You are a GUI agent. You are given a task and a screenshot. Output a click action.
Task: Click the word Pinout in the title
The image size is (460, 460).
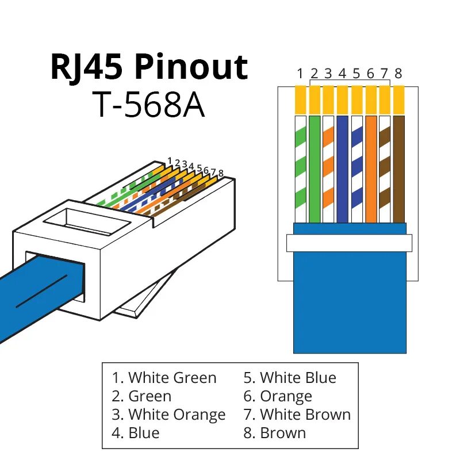point(191,67)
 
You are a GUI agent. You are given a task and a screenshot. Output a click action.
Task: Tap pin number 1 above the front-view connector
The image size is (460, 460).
point(300,74)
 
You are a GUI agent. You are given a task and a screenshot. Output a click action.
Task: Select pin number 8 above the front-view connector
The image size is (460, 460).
point(398,74)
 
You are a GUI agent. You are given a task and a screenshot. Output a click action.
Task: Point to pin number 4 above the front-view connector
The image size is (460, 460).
point(342,74)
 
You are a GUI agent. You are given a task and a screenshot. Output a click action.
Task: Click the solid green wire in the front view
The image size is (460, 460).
point(314,169)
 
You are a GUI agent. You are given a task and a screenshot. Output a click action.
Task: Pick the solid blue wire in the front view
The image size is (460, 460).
point(342,169)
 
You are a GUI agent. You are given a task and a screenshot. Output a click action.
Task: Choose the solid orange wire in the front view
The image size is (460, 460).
point(370,169)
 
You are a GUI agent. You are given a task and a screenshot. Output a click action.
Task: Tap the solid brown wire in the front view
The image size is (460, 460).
point(398,169)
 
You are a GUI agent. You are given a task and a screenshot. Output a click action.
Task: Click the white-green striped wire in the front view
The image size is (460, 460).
point(300,169)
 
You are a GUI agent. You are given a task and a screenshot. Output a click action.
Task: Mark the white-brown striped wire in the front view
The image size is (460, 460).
point(385,169)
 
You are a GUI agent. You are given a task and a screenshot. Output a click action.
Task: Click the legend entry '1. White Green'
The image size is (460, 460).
point(164,378)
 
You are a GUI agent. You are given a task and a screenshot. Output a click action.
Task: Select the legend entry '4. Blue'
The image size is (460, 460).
point(136,432)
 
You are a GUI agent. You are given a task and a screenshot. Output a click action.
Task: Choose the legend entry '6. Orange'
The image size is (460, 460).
point(278,396)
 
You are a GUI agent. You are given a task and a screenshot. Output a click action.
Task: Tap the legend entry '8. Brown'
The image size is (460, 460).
point(275,432)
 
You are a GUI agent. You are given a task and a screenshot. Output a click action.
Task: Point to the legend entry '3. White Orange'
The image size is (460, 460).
point(169,415)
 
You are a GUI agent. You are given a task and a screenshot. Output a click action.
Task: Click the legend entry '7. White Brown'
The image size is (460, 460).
point(297,415)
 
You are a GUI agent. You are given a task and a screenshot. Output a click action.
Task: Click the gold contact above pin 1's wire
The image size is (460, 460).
point(300,99)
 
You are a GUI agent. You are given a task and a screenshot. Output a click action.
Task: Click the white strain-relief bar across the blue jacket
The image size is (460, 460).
point(350,243)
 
